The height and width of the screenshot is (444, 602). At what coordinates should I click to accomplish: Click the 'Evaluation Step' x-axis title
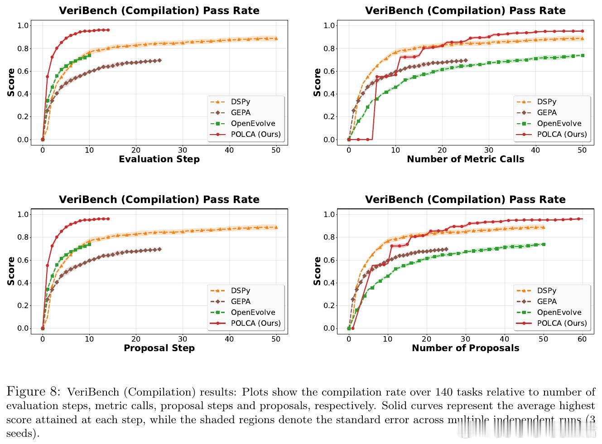(x=159, y=159)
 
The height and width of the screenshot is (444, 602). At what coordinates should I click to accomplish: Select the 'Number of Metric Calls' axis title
(x=465, y=159)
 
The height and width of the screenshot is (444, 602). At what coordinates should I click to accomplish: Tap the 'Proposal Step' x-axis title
(x=159, y=348)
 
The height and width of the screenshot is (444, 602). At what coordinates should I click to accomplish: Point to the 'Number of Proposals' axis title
(x=465, y=348)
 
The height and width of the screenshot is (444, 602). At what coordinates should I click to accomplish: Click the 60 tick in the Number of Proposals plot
(x=582, y=339)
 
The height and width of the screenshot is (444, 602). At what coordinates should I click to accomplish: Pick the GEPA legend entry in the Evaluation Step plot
(x=241, y=113)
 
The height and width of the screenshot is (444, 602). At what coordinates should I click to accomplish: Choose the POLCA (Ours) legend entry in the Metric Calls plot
(x=562, y=134)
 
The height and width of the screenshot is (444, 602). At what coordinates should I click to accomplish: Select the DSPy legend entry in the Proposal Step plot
(x=241, y=291)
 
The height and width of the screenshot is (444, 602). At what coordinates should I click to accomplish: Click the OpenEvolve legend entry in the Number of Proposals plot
(x=559, y=312)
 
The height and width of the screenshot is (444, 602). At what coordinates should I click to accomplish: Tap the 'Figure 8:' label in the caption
(x=35, y=392)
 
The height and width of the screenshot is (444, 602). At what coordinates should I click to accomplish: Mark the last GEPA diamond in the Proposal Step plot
(x=159, y=249)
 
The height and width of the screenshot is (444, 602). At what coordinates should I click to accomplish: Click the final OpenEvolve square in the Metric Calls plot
(x=582, y=55)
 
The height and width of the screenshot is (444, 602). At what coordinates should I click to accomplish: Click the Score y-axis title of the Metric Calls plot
(x=317, y=82)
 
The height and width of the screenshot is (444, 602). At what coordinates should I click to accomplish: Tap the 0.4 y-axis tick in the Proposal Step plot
(x=23, y=283)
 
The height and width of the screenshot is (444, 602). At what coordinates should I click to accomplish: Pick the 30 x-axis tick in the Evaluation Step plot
(x=183, y=150)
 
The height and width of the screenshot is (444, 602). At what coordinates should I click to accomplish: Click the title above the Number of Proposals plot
(x=465, y=199)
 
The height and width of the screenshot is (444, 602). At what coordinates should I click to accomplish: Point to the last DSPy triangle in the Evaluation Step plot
(x=276, y=39)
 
